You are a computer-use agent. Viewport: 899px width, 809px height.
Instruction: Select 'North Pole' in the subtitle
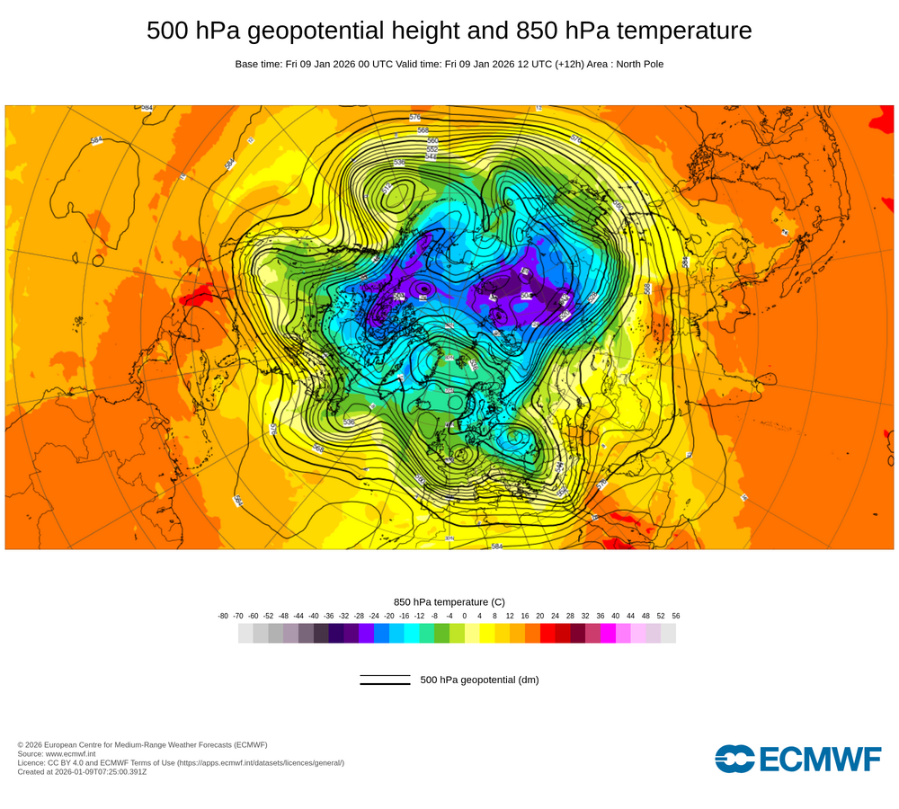click(x=637, y=64)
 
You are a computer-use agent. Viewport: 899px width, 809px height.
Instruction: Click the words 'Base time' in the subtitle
click(x=257, y=64)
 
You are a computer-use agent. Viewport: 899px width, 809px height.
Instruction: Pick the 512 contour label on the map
click(x=388, y=189)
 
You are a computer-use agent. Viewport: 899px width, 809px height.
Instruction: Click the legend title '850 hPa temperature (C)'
click(x=449, y=601)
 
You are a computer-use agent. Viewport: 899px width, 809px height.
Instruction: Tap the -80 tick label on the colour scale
click(x=223, y=616)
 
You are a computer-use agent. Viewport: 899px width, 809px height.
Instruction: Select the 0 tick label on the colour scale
click(x=465, y=616)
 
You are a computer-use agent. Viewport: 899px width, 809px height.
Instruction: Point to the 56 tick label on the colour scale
click(x=676, y=616)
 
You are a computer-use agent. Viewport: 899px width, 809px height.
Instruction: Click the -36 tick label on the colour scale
click(x=329, y=616)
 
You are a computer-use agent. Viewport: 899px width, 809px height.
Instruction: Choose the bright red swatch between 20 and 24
click(x=547, y=633)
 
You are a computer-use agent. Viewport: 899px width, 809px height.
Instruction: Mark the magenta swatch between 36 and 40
click(x=608, y=633)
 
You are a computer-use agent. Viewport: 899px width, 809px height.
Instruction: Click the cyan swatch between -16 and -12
click(x=412, y=633)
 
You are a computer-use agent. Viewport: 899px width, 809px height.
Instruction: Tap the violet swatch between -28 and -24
click(x=366, y=633)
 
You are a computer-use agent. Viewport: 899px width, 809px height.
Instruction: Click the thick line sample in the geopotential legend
click(x=385, y=684)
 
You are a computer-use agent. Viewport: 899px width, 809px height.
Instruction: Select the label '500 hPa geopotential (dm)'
click(x=479, y=680)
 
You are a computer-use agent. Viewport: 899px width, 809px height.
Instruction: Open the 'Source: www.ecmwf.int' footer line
click(x=62, y=753)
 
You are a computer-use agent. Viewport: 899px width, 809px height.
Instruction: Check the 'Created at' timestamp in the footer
click(x=82, y=771)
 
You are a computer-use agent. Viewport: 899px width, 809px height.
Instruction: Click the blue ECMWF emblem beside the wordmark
click(x=734, y=759)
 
